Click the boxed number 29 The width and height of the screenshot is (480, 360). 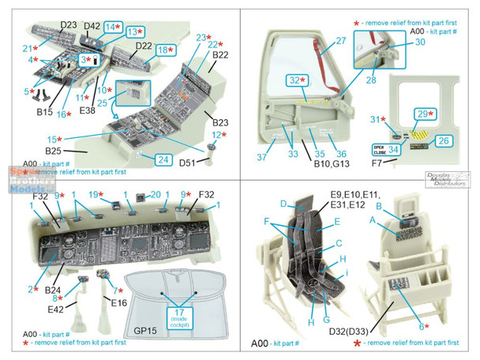426,114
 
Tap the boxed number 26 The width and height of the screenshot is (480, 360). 443,141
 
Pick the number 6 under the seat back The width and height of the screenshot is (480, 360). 427,324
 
